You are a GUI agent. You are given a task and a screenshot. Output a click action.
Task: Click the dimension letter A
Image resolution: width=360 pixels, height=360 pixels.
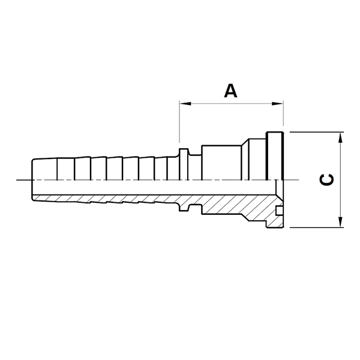click(230, 91)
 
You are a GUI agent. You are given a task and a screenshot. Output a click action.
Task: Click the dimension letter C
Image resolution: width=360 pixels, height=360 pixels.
click(326, 180)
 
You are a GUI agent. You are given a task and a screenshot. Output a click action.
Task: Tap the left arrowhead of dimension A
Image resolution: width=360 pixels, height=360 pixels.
click(185, 104)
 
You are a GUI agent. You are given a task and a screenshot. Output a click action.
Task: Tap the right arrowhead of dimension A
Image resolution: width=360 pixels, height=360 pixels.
click(277, 104)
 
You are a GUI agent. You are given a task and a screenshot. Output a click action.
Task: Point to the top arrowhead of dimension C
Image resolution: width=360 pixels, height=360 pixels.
click(340, 138)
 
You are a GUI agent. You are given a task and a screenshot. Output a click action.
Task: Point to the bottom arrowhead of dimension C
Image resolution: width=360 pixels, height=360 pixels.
click(340, 222)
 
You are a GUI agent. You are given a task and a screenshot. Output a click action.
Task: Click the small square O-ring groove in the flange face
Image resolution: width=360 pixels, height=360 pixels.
click(279, 211)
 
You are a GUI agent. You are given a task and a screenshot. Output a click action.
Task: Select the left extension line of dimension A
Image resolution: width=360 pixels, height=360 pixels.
click(179, 122)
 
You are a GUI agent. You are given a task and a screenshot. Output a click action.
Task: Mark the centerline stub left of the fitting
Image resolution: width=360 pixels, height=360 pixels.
click(24, 180)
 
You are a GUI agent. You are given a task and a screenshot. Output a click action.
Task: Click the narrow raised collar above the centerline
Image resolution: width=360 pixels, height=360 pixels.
click(184, 164)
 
